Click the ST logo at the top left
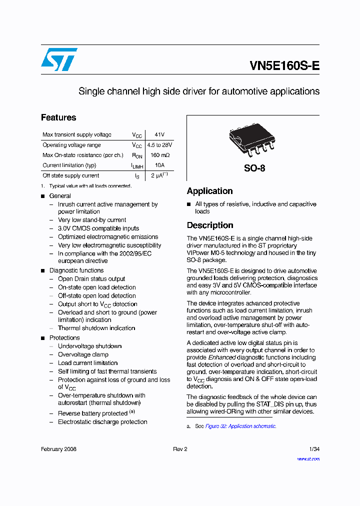pyautogui.click(x=59, y=59)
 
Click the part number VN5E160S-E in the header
pyautogui.click(x=284, y=66)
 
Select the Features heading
pyautogui.click(x=58, y=117)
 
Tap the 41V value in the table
pyautogui.click(x=159, y=135)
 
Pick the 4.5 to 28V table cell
pyautogui.click(x=159, y=145)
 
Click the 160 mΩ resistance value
pyautogui.click(x=159, y=155)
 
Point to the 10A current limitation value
pyautogui.click(x=159, y=165)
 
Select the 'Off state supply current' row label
pyautogui.click(x=70, y=175)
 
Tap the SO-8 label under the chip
pyautogui.click(x=254, y=168)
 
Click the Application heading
pyautogui.click(x=209, y=191)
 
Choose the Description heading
pyautogui.click(x=210, y=225)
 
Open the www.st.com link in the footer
pyautogui.click(x=308, y=459)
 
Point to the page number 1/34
pyautogui.click(x=314, y=449)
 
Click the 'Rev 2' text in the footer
pyautogui.click(x=180, y=449)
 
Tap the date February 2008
pyautogui.click(x=58, y=449)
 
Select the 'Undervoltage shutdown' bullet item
pyautogui.click(x=89, y=346)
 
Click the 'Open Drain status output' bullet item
pyautogui.click(x=91, y=279)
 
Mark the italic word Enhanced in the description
pyautogui.click(x=222, y=357)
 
